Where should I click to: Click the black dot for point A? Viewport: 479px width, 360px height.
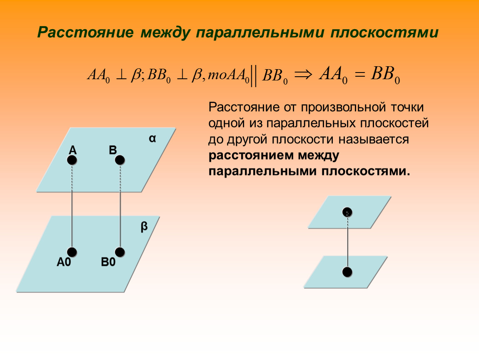pos(72,160)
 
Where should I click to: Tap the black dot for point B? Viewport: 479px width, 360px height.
pos(120,160)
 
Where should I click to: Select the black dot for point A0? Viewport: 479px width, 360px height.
pos(72,252)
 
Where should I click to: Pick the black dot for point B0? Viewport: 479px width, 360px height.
pos(120,252)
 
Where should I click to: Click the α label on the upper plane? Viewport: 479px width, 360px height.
pos(152,139)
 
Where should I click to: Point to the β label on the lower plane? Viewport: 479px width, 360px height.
pos(144,226)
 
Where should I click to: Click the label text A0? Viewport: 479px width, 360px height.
pos(64,262)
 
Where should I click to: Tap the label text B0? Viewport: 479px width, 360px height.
pos(108,262)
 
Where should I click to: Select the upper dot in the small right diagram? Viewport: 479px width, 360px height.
pos(347,212)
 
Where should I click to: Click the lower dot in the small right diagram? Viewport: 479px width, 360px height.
pos(347,272)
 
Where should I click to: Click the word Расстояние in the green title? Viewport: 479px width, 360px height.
pos(85,32)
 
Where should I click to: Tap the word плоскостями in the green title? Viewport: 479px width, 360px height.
pos(384,32)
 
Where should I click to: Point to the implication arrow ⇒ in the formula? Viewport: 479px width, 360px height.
pos(303,74)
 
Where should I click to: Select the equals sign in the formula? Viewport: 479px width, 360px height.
pos(359,74)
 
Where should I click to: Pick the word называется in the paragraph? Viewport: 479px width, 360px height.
pos(374,139)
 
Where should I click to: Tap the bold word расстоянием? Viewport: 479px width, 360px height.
pos(250,155)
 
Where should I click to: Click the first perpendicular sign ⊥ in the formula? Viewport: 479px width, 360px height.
pos(121,75)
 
